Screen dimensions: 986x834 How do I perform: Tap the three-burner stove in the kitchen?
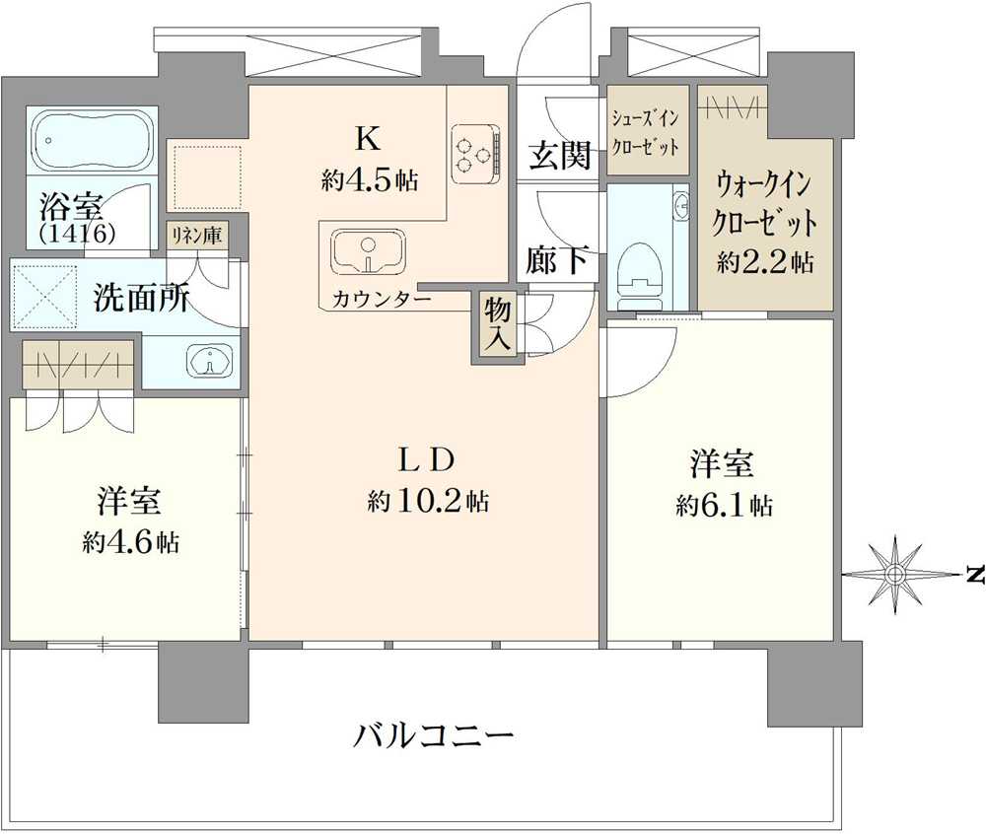click(476, 153)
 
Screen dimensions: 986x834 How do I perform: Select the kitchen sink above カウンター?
click(369, 252)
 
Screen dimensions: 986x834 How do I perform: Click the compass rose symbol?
click(894, 573)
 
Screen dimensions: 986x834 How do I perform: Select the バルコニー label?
click(433, 735)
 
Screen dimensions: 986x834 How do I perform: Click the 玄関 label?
click(559, 155)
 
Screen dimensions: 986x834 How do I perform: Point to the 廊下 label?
click(558, 258)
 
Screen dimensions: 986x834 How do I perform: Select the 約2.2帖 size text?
click(765, 261)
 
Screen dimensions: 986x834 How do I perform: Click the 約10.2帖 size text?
click(428, 501)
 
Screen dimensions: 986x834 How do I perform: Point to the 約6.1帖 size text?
click(724, 506)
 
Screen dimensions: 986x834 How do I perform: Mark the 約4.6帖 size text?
click(130, 542)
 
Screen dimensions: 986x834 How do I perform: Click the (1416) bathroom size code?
click(77, 234)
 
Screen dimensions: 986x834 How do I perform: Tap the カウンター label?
click(381, 299)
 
